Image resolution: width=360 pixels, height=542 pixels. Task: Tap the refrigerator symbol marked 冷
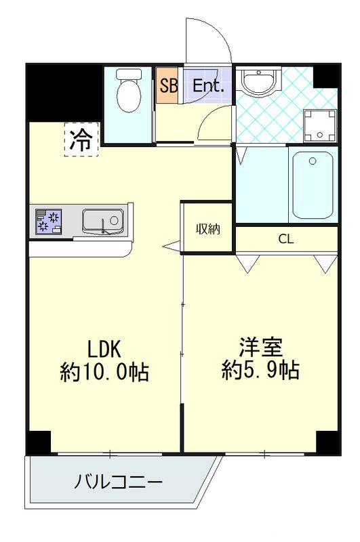(81, 139)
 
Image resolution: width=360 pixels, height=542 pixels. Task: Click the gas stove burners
(49, 222)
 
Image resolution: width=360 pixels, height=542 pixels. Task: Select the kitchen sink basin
(102, 221)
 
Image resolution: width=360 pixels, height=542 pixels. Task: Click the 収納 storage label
(208, 228)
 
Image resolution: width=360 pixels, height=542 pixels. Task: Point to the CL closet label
(285, 238)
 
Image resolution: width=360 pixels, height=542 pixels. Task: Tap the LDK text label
(104, 349)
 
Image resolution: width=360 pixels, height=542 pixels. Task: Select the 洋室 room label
(260, 347)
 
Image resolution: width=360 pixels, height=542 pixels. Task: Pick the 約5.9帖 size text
(260, 370)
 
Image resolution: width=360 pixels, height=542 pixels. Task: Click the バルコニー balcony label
(118, 483)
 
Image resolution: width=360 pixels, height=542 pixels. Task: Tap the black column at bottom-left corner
(39, 442)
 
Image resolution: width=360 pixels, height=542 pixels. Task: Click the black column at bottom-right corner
(328, 442)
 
